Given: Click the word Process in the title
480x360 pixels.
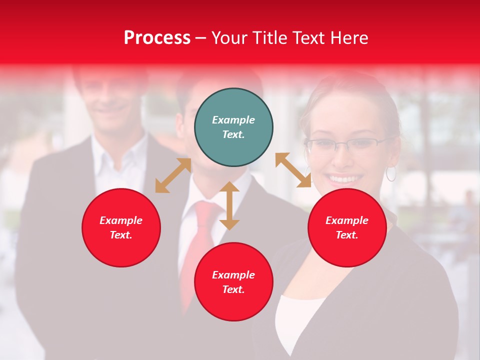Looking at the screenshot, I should tap(157, 38).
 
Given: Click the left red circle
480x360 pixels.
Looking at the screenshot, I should tap(121, 227).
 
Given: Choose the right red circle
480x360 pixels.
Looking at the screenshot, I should tap(347, 227).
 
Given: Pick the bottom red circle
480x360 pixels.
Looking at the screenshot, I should tap(233, 282).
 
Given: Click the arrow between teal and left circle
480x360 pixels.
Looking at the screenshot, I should tap(173, 175).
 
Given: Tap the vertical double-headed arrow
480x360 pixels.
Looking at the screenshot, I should tap(229, 205).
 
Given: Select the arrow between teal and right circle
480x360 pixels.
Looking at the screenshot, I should tap(293, 170).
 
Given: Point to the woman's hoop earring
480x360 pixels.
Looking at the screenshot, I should tap(390, 173).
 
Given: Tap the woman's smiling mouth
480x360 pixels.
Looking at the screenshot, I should tap(345, 178).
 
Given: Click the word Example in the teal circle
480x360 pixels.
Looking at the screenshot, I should tap(233, 120).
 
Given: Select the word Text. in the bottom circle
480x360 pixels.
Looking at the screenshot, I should tap(233, 289).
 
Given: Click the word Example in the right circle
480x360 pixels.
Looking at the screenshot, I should tap(347, 220).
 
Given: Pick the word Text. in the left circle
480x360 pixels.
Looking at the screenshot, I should tap(121, 235).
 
